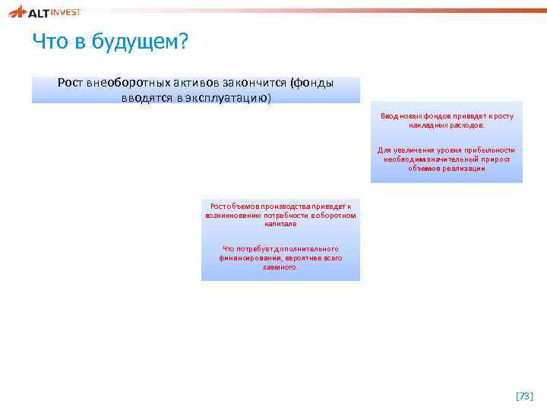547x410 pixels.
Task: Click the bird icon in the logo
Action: [17, 11]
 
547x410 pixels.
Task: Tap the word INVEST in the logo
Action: [67, 11]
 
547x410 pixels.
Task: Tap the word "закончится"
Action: [251, 83]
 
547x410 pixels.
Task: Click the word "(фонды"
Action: [311, 83]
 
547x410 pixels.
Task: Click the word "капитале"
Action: [280, 224]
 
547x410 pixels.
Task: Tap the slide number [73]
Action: [524, 396]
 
